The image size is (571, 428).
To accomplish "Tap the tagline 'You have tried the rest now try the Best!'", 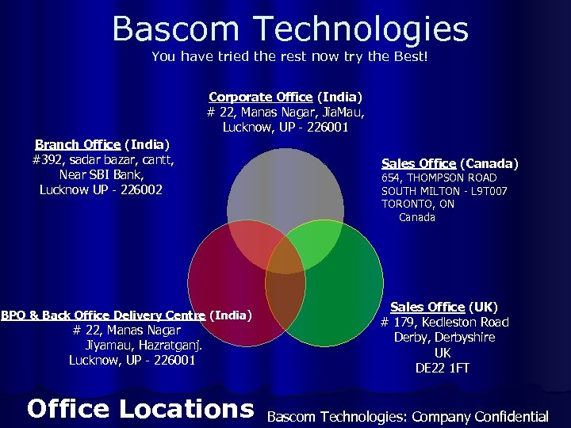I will point(289,57).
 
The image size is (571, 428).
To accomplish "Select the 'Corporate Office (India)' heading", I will point(285,97).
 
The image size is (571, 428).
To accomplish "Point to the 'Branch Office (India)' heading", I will point(102,144).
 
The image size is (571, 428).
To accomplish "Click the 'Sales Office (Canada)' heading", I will point(450,163).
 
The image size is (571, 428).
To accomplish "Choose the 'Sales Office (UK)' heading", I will point(443,307).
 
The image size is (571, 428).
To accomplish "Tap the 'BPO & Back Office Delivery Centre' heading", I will point(127,315).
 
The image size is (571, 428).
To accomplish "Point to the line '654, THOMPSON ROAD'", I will point(439,178).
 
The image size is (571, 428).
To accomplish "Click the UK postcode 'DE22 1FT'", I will point(443,368).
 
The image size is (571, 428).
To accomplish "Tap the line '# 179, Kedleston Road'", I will point(444,322).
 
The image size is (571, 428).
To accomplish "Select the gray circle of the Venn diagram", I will point(285,182).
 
